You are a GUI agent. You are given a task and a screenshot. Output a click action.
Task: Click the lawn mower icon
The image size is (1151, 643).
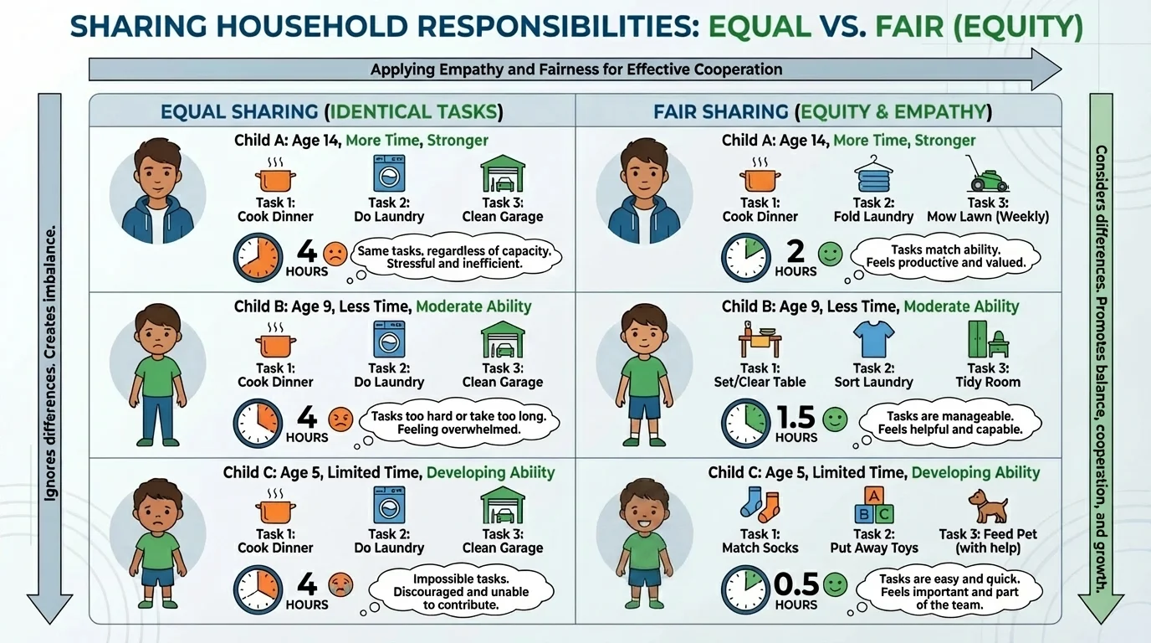click(x=987, y=174)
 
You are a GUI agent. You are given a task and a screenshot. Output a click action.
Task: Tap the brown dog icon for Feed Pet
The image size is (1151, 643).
click(x=987, y=507)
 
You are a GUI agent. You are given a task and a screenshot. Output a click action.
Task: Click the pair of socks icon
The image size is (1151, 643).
click(x=760, y=505)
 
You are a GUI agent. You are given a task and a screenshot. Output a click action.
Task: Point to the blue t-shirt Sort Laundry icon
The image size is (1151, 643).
click(x=873, y=341)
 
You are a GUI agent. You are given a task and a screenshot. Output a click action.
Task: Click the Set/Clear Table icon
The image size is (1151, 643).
click(x=760, y=341)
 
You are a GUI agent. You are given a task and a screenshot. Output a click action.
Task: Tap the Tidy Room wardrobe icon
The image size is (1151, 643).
click(x=987, y=341)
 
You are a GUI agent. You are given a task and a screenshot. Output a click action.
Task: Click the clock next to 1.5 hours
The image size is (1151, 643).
click(x=745, y=422)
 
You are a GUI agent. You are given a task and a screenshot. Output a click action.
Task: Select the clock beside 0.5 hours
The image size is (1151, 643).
click(x=745, y=588)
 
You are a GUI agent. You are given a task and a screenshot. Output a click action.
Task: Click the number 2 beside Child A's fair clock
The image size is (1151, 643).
click(x=795, y=250)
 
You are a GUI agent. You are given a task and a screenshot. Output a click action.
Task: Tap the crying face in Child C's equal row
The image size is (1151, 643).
click(x=340, y=584)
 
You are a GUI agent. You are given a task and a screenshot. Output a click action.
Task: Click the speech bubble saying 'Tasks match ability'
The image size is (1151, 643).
click(x=945, y=255)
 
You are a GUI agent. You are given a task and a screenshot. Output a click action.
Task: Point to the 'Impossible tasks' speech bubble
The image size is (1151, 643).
click(x=462, y=591)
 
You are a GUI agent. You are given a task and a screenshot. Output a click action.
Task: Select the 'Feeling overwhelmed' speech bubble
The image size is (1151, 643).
click(x=458, y=423)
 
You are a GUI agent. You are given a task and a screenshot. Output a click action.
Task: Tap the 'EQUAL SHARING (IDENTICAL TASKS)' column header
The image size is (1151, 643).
click(x=332, y=111)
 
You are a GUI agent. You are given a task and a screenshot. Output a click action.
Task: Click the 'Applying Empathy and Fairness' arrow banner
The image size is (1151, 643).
click(x=575, y=69)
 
